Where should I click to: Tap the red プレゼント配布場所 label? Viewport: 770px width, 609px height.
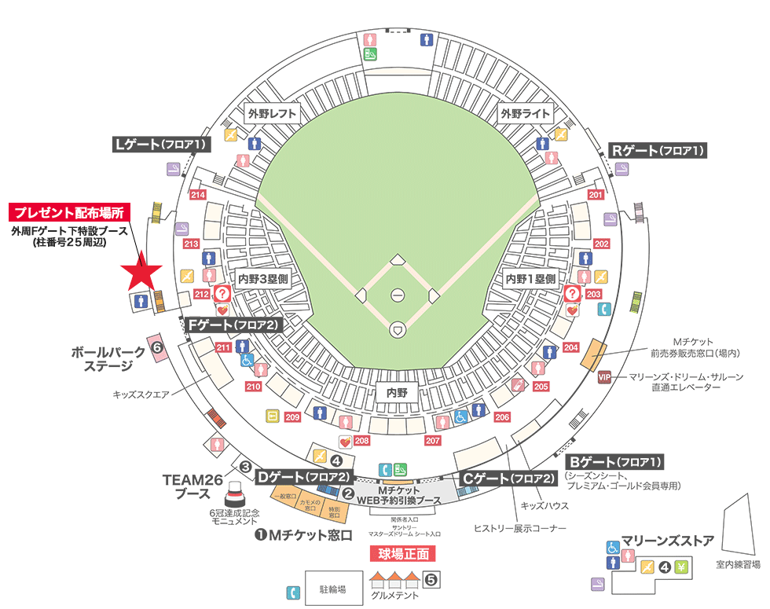tap(69, 212)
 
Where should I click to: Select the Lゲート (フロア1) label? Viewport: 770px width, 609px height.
tap(161, 145)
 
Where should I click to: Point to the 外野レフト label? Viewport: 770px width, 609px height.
tap(272, 113)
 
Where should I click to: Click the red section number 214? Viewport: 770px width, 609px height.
tap(198, 195)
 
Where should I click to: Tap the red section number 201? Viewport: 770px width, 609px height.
tap(596, 195)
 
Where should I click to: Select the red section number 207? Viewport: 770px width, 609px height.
tap(432, 441)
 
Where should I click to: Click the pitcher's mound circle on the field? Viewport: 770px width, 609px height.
tap(398, 295)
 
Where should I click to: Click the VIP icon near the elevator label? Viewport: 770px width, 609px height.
tap(604, 376)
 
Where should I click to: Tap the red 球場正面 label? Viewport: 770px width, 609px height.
tap(402, 553)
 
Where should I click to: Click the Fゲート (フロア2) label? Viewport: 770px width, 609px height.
tap(233, 324)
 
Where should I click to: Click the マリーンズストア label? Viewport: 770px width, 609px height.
tap(668, 541)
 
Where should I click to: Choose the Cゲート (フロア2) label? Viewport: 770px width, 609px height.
tap(508, 478)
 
